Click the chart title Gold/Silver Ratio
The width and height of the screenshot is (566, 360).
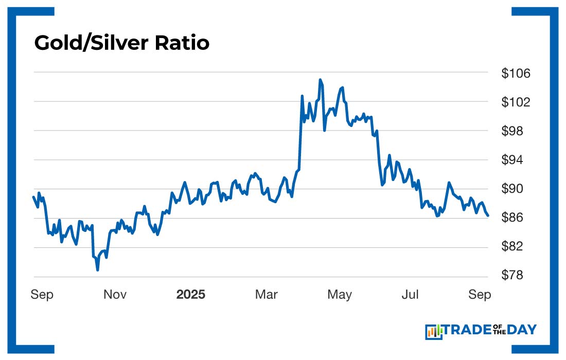pyautogui.click(x=122, y=43)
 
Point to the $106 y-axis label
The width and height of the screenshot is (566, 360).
pyautogui.click(x=516, y=74)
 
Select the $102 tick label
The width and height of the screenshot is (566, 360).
pyautogui.click(x=516, y=102)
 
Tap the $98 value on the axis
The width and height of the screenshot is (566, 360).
pyautogui.click(x=516, y=131)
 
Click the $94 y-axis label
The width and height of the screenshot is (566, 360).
pyautogui.click(x=516, y=160)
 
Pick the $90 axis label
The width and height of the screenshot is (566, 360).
pyautogui.click(x=516, y=189)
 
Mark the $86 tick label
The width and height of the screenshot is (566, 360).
pyautogui.click(x=516, y=218)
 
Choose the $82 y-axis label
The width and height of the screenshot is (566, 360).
pyautogui.click(x=516, y=246)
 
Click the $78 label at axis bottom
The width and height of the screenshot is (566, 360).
pyautogui.click(x=516, y=275)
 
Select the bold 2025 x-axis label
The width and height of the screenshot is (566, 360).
pyautogui.click(x=190, y=295)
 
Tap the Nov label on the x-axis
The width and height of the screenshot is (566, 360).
pyautogui.click(x=115, y=295)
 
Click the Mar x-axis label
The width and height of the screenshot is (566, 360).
pyautogui.click(x=267, y=295)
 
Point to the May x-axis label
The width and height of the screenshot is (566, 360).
pyautogui.click(x=340, y=295)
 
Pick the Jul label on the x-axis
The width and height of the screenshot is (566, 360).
pyautogui.click(x=411, y=295)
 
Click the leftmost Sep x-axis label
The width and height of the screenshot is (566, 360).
pyautogui.click(x=42, y=295)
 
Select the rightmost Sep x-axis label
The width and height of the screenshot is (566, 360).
pyautogui.click(x=480, y=295)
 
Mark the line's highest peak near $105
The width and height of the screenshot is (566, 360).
pyautogui.click(x=320, y=80)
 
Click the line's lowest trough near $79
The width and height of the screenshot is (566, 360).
pyautogui.click(x=97, y=269)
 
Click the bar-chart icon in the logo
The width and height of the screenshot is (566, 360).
pyautogui.click(x=434, y=332)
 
